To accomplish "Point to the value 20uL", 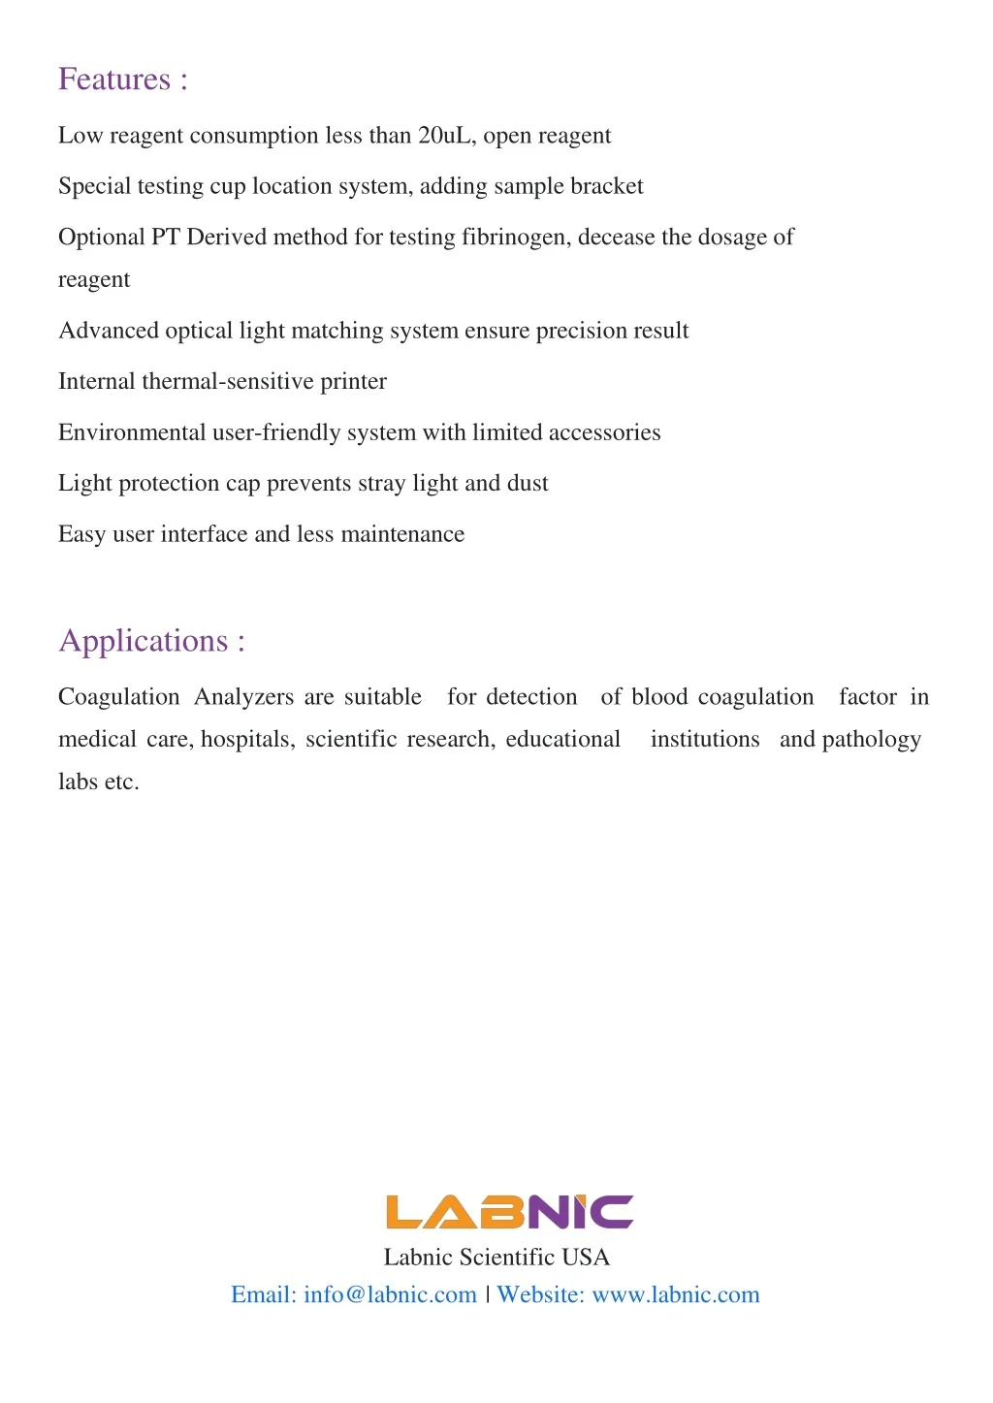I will (x=444, y=136).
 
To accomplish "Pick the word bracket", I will (x=606, y=186).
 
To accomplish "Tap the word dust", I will (x=528, y=484).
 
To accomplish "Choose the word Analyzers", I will (x=243, y=697).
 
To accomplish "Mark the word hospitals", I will (x=246, y=740).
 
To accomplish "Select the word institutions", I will (x=705, y=740).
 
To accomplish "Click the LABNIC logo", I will (x=509, y=1212).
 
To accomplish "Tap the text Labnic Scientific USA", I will (x=496, y=1258).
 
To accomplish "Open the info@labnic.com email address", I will (x=390, y=1295).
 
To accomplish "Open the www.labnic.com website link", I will (x=675, y=1295).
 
